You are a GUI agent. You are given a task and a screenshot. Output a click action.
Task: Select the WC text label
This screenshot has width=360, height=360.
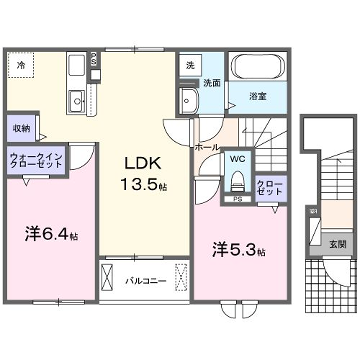238,158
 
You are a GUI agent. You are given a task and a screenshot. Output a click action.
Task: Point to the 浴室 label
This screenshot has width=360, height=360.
259,97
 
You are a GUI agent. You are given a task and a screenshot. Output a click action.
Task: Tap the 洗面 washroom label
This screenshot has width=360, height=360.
212,84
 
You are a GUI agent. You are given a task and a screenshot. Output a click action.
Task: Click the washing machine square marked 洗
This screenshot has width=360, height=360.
189,65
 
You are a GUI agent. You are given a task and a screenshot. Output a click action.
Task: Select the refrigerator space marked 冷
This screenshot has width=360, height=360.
21,65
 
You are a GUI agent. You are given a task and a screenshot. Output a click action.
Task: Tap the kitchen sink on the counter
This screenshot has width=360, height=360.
76,97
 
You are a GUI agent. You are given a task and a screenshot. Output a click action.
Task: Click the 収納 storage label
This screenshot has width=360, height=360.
22,129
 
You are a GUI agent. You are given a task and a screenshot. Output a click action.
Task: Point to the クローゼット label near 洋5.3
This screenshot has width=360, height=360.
269,187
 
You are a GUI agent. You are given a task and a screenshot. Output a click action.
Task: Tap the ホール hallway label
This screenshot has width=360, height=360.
207,147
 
